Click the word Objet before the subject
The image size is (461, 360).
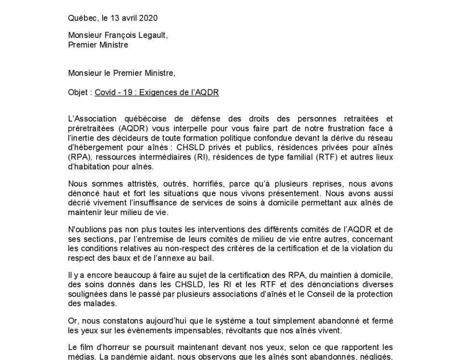(x=78, y=92)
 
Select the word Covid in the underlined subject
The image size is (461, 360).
(x=105, y=92)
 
